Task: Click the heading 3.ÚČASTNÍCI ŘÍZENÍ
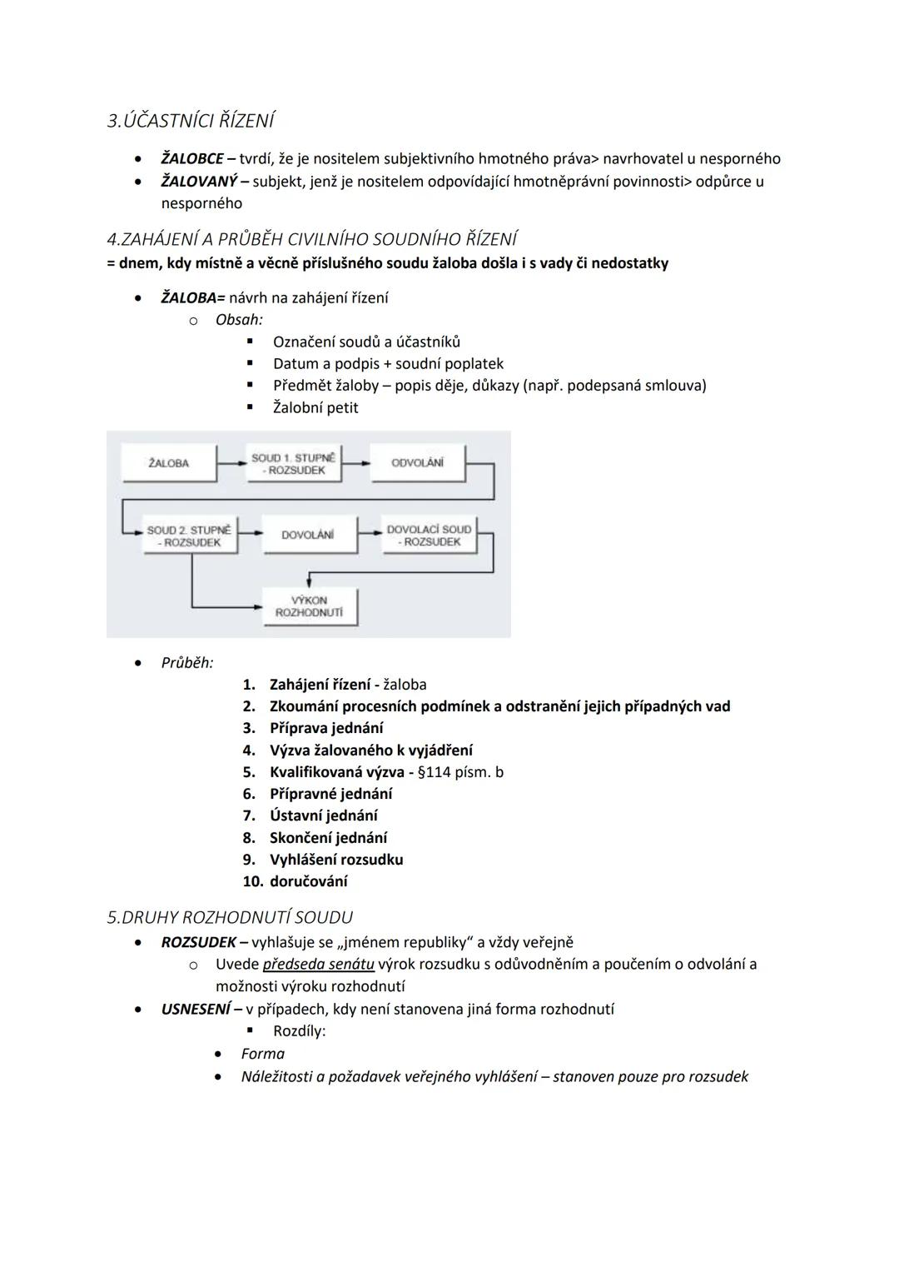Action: point(191,121)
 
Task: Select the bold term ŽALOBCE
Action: point(191,158)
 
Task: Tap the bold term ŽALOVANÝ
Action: point(199,181)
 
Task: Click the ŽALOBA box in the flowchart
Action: point(168,463)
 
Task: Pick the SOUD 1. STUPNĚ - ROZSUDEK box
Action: point(293,464)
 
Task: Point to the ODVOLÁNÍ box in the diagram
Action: point(417,463)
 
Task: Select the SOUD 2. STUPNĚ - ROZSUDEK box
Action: point(189,536)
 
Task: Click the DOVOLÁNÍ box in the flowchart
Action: point(307,535)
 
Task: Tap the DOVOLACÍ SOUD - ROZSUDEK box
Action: point(429,535)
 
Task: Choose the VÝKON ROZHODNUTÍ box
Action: point(309,606)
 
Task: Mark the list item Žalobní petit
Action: point(315,407)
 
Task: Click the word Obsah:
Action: point(239,319)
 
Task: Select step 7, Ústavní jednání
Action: point(323,816)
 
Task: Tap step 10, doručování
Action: point(308,881)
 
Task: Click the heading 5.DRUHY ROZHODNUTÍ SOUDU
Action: point(230,917)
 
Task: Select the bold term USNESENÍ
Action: point(196,1009)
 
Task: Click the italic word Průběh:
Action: point(186,663)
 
